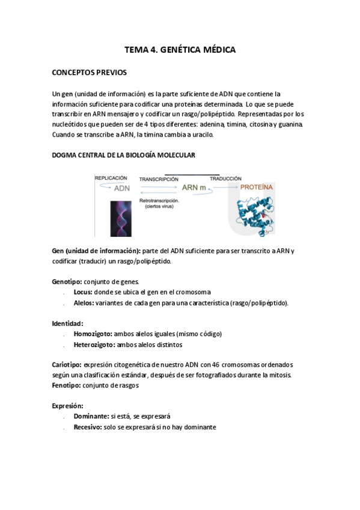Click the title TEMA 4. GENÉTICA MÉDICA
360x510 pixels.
[x=180, y=50]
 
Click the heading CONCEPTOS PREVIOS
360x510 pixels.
[x=90, y=73]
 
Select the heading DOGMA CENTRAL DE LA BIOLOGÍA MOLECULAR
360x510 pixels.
[x=123, y=156]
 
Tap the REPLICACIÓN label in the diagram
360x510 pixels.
[x=111, y=178]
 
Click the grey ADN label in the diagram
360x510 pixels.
[x=122, y=188]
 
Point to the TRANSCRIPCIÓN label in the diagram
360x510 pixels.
[x=159, y=179]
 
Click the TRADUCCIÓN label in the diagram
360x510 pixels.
[x=225, y=179]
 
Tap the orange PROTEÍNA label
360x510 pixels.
[x=257, y=188]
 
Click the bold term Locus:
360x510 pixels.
[x=82, y=292]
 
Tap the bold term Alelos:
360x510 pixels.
[x=84, y=303]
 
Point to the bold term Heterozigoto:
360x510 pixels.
[x=94, y=345]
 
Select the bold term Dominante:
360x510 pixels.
[x=92, y=416]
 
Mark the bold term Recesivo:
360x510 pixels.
[x=90, y=427]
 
